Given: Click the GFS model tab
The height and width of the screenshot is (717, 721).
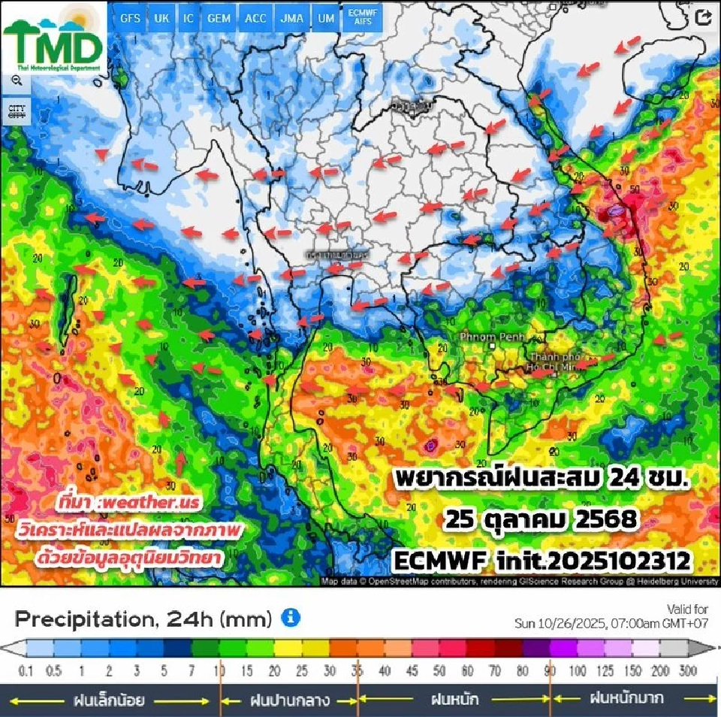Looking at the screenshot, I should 131,18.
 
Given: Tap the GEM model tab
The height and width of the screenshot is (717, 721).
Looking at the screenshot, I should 219,18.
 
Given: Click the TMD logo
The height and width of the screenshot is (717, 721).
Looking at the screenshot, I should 53,44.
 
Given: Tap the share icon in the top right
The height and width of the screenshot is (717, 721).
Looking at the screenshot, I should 703,18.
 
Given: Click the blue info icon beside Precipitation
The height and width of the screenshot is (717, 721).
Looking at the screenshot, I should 291,619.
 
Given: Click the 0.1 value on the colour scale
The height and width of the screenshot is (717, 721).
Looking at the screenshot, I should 26,670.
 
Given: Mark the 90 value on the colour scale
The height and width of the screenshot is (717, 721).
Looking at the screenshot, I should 551,670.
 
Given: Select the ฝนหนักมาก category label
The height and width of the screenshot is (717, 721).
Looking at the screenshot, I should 626,698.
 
